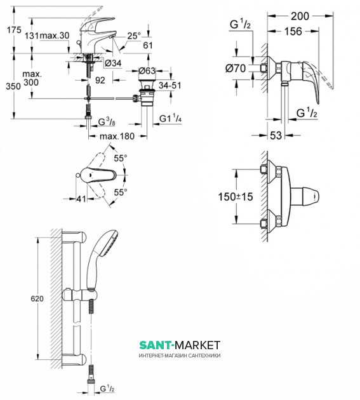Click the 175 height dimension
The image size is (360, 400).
point(14,30)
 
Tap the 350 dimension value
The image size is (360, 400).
point(13,86)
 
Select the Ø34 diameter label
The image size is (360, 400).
point(113,63)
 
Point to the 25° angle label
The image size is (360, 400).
point(134,36)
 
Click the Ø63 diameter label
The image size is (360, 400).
point(147,70)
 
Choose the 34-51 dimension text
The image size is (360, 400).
point(170,85)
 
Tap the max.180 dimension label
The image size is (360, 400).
point(117,136)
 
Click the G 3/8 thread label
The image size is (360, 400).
point(107,122)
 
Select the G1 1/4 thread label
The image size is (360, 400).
point(170,118)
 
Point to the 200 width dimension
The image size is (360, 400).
point(300,16)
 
